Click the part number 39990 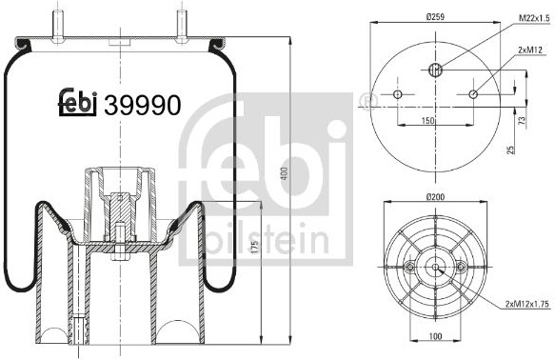pyautogui.click(x=142, y=105)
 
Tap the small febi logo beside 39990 pyautogui.click(x=77, y=103)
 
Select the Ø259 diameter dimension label pyautogui.click(x=435, y=16)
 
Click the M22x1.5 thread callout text pyautogui.click(x=534, y=18)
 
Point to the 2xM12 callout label pyautogui.click(x=530, y=50)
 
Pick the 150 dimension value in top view pyautogui.click(x=427, y=121)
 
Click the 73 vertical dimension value pyautogui.click(x=522, y=121)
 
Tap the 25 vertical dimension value pyautogui.click(x=511, y=149)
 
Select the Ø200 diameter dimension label pyautogui.click(x=435, y=197)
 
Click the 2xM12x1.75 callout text pyautogui.click(x=527, y=304)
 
